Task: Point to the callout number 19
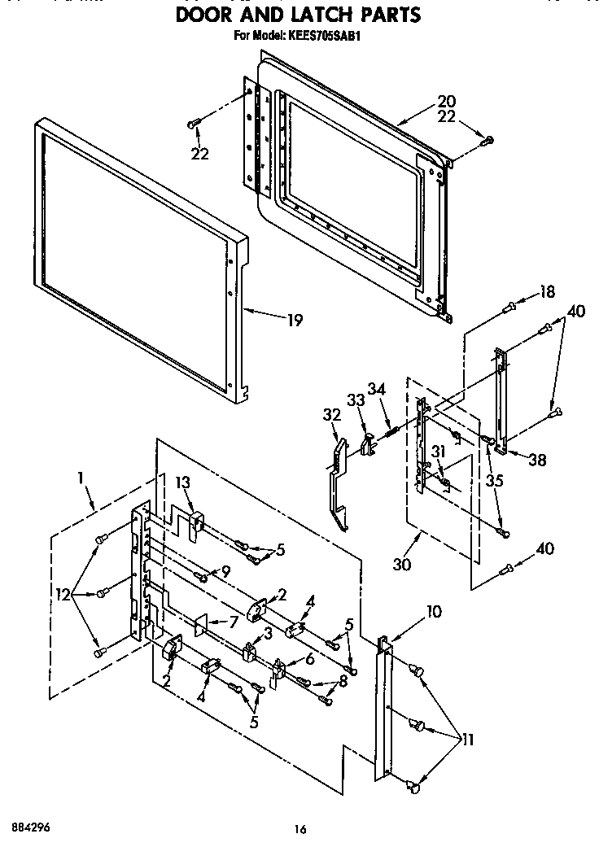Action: tap(293, 321)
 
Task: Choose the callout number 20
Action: tap(446, 102)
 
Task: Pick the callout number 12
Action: tap(61, 596)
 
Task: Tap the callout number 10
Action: tap(435, 611)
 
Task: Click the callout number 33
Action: tap(356, 400)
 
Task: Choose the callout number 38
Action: tap(536, 459)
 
